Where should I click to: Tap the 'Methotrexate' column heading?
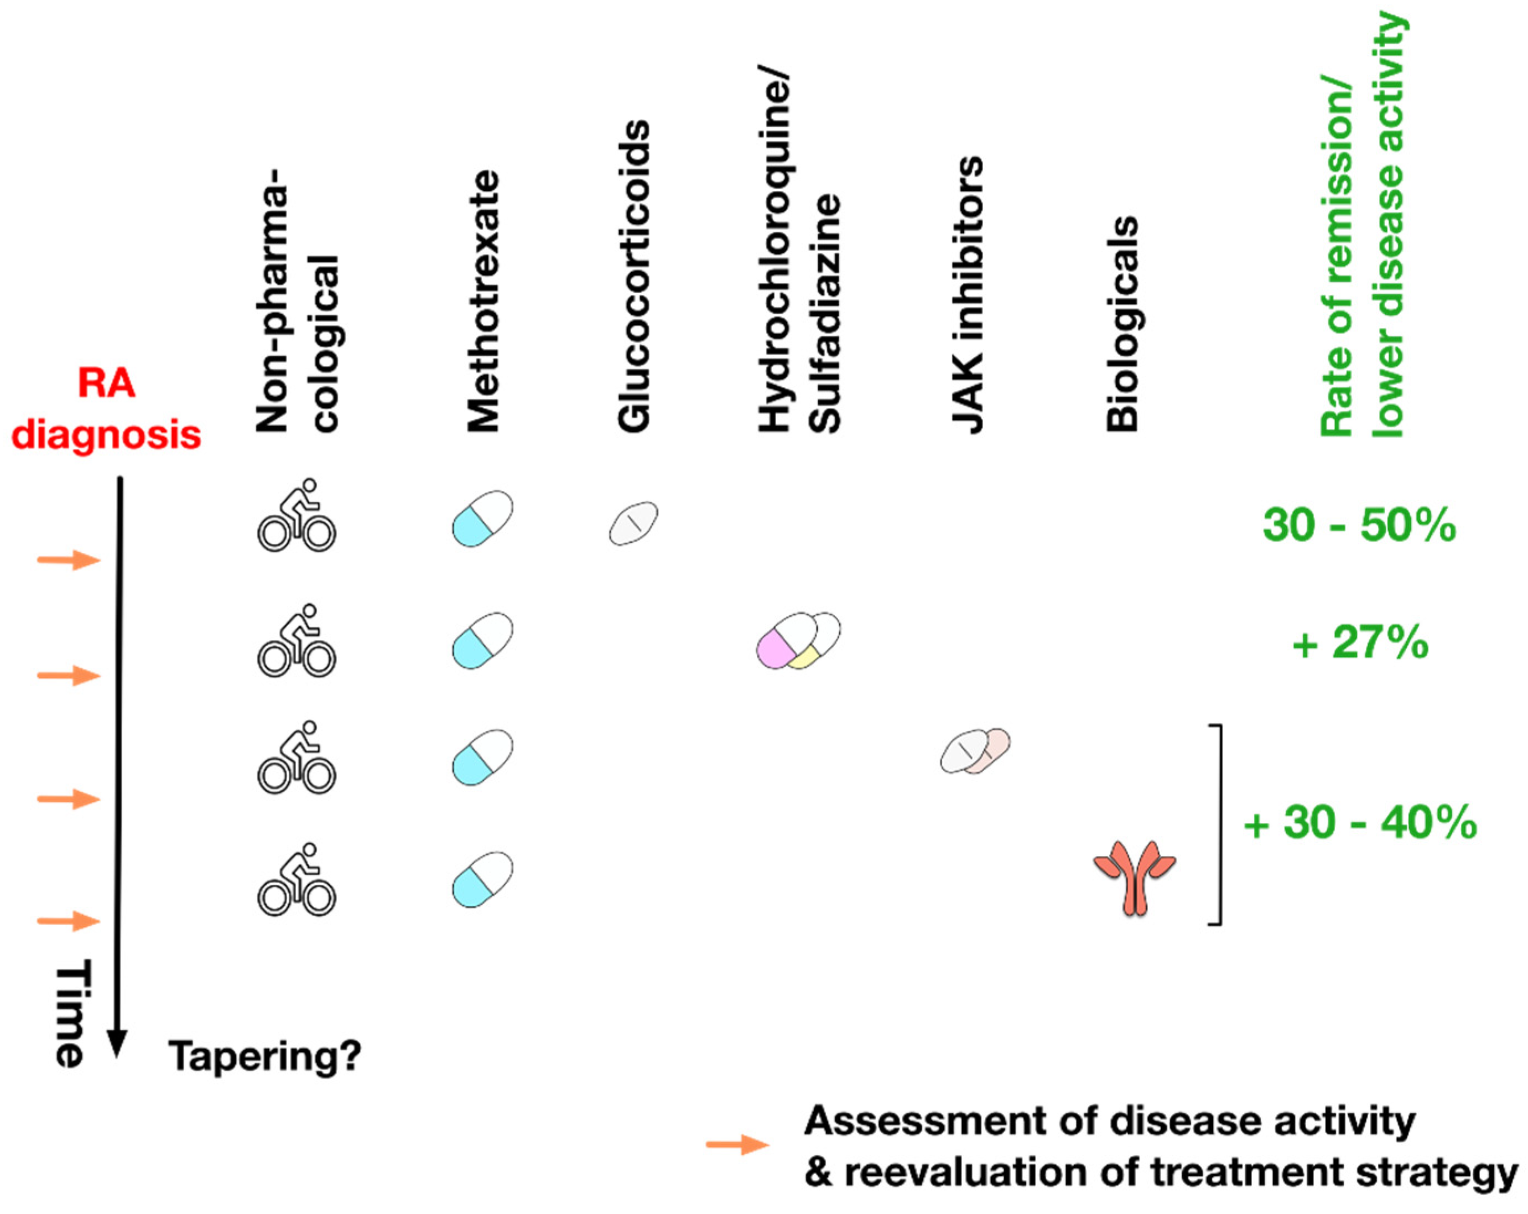click(484, 301)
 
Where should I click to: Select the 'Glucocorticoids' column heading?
click(633, 277)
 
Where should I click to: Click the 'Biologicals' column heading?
click(1122, 323)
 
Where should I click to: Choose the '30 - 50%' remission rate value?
click(1359, 526)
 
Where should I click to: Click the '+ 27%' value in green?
click(1359, 644)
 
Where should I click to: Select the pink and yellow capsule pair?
click(798, 640)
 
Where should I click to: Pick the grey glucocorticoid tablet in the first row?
click(633, 523)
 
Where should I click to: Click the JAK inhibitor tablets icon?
click(975, 750)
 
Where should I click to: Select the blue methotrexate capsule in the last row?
click(482, 879)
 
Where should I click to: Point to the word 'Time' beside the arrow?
click(71, 1014)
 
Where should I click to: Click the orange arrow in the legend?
click(737, 1144)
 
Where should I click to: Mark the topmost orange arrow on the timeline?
click(69, 561)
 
